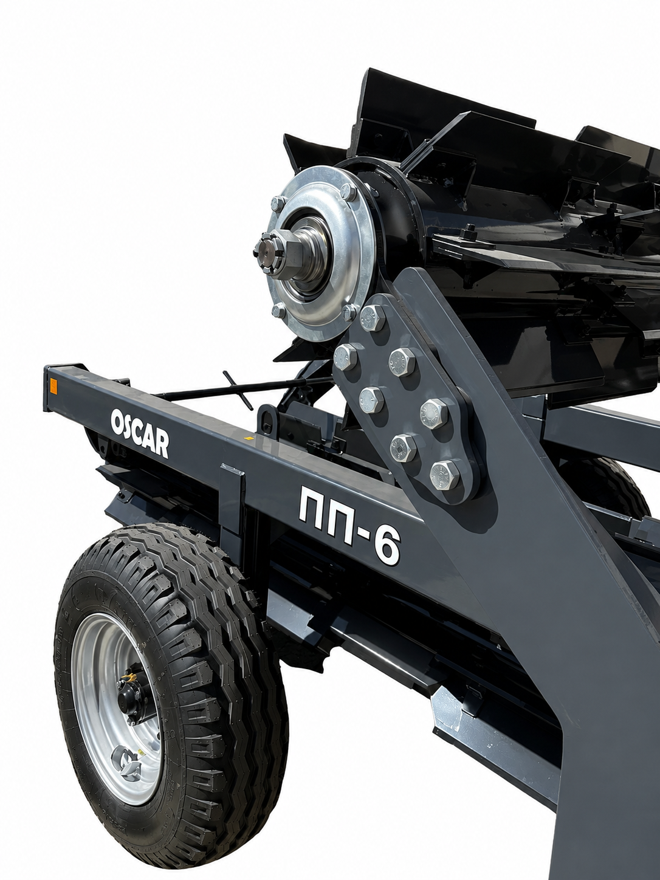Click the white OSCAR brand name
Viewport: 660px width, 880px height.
tap(139, 432)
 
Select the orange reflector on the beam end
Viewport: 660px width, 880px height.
tap(52, 387)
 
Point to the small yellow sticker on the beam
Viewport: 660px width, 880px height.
tap(249, 438)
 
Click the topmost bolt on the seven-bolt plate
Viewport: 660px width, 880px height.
tap(373, 317)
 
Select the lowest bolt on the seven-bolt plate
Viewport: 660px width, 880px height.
tap(444, 475)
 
